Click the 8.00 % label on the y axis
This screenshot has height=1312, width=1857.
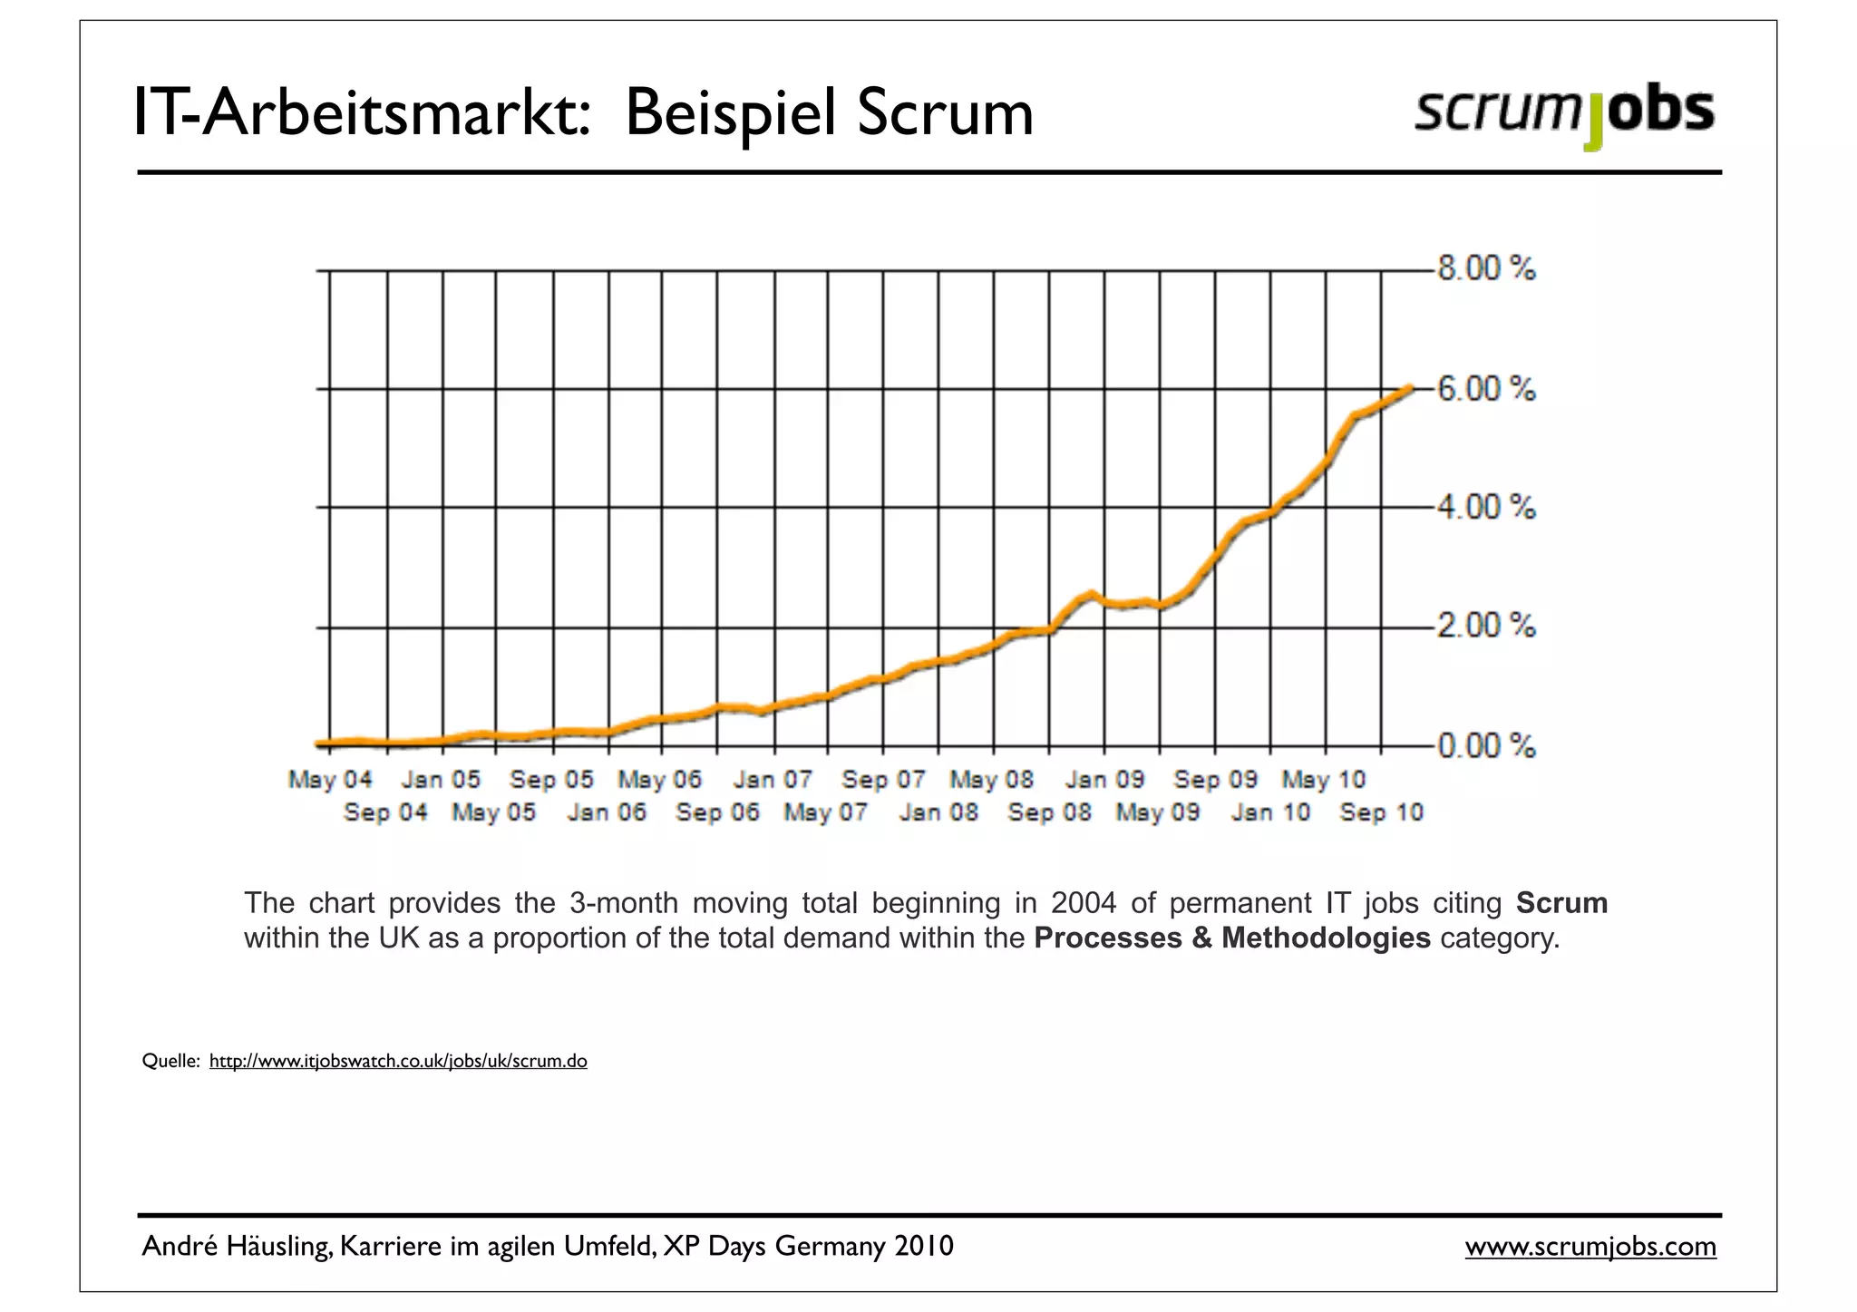coord(1487,269)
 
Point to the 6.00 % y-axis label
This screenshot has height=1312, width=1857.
coord(1487,390)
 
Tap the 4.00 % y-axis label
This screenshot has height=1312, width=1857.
coord(1487,508)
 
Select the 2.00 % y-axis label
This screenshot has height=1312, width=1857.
coord(1487,627)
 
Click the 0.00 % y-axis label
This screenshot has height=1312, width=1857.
coord(1487,746)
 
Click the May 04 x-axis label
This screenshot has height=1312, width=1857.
coord(330,780)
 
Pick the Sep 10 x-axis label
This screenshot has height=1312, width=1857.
coord(1382,812)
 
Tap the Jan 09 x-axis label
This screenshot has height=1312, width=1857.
coord(1104,780)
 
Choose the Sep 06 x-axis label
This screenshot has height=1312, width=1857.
coord(717,812)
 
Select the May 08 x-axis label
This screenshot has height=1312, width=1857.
coord(992,780)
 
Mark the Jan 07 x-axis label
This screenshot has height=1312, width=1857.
coord(773,780)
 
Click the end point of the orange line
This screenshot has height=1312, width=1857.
coord(1411,388)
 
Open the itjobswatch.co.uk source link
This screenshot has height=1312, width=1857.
coord(398,1061)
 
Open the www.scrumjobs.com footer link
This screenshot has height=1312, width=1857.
coord(1590,1247)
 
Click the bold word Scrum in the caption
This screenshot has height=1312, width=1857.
coord(1561,903)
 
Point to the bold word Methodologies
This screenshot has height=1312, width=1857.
coord(1325,938)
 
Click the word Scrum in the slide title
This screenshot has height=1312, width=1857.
coord(945,113)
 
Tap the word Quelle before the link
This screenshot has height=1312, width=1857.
coord(170,1061)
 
